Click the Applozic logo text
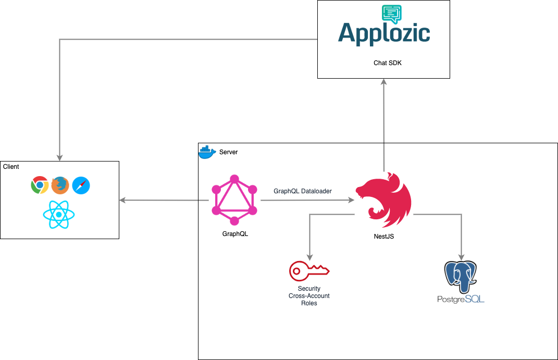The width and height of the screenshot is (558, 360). coord(384,33)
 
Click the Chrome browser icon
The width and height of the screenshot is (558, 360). coord(40,185)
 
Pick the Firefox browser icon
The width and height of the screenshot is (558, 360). coord(60,185)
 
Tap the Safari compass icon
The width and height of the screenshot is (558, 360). coord(81,185)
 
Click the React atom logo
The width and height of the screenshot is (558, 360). coord(59,214)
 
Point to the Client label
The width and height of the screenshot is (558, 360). coord(11,167)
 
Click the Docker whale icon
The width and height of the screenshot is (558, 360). coord(207,152)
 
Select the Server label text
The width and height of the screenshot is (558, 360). coord(228,152)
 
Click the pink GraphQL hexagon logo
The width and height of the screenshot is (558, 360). coord(234,200)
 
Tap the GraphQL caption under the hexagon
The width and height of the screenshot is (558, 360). coord(235,234)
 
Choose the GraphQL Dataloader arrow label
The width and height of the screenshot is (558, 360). coord(303,191)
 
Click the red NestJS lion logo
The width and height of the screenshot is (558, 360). coord(385,201)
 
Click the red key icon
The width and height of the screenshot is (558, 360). coord(309,270)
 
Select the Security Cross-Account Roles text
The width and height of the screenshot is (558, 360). coord(309,296)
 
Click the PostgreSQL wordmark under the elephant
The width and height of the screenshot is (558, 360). coord(461,299)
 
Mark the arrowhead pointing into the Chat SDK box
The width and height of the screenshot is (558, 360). coord(384,81)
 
